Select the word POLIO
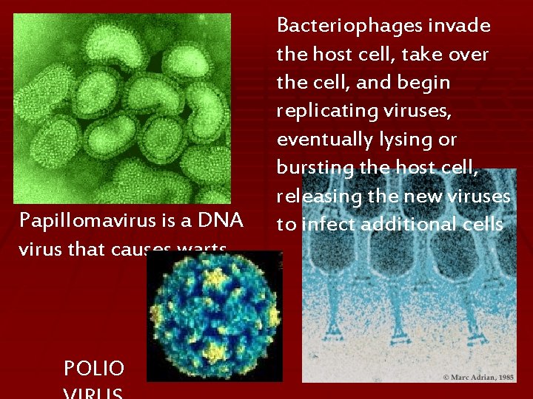pyautogui.click(x=94, y=368)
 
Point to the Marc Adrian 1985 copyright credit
pyautogui.click(x=479, y=377)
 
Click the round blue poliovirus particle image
pyautogui.click(x=215, y=316)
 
